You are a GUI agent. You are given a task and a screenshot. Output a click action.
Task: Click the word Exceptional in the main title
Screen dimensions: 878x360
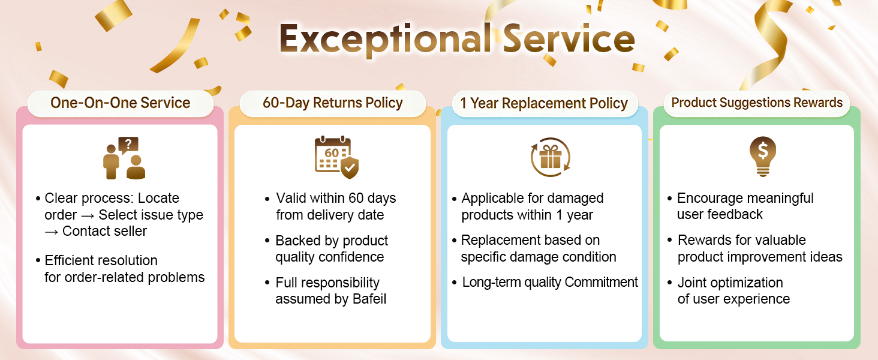(x=385, y=39)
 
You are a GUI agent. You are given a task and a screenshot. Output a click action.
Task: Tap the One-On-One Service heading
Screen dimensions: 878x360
(x=121, y=103)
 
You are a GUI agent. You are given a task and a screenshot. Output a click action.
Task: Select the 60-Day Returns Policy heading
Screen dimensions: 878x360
(x=333, y=103)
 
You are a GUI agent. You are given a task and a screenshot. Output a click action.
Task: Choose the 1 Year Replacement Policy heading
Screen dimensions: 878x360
(x=544, y=103)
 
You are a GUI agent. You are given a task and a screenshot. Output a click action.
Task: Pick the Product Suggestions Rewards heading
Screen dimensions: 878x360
(x=757, y=103)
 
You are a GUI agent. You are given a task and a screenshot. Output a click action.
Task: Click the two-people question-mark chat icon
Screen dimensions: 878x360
(x=124, y=158)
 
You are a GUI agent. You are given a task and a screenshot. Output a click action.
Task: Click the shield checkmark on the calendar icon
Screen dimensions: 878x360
(x=350, y=167)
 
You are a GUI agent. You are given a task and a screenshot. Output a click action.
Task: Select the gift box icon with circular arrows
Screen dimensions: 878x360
(x=551, y=157)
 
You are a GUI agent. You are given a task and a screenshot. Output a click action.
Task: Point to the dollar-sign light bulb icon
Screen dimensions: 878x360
(x=763, y=157)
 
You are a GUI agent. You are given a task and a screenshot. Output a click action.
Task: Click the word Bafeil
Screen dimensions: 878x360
(x=369, y=299)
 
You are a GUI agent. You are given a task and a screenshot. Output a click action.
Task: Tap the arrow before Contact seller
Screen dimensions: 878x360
(x=52, y=232)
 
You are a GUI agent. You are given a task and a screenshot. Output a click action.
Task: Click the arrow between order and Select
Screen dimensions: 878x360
(x=88, y=215)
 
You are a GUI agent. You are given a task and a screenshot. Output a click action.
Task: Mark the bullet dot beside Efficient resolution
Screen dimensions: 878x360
(x=38, y=260)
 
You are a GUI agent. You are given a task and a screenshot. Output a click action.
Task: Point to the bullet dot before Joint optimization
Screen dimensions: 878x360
(x=669, y=283)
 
